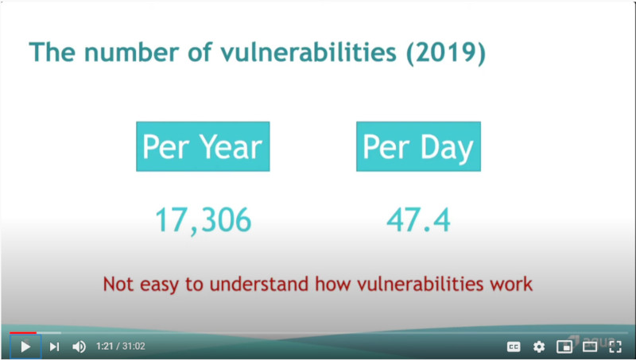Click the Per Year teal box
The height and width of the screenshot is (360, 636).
(x=203, y=146)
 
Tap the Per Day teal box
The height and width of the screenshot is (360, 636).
(x=419, y=146)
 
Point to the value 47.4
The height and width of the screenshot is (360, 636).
(x=419, y=219)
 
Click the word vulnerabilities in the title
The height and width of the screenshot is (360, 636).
(x=308, y=52)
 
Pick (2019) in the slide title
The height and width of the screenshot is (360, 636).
(x=446, y=53)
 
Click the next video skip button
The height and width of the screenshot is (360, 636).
(x=54, y=346)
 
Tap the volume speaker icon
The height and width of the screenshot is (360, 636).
(x=79, y=346)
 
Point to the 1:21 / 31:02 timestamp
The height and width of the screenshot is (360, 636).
(x=121, y=346)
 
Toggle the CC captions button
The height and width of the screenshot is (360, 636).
(x=514, y=346)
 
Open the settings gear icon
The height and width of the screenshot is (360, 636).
(x=539, y=346)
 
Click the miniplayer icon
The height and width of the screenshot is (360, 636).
(x=564, y=346)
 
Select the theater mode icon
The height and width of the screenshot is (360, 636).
(x=590, y=346)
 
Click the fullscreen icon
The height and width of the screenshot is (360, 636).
(x=615, y=346)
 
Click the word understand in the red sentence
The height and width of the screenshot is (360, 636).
(x=259, y=284)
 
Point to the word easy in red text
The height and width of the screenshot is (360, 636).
(x=159, y=285)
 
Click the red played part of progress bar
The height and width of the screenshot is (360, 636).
(x=23, y=333)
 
